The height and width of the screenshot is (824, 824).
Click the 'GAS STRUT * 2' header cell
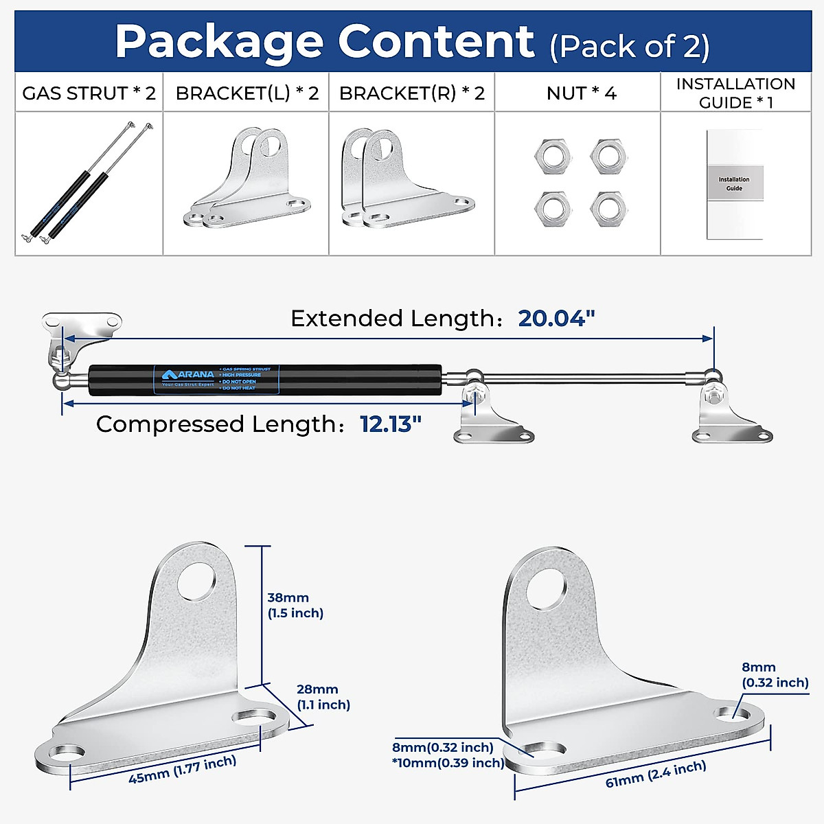tap(89, 93)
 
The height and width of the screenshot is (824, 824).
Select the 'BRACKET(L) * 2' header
tap(247, 93)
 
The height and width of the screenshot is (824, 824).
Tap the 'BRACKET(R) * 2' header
tap(412, 93)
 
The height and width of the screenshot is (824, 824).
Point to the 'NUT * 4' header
tap(581, 93)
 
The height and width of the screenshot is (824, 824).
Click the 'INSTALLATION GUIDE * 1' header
tap(735, 93)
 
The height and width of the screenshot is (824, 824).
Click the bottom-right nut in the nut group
tap(608, 207)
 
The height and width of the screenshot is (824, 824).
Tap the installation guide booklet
tap(735, 184)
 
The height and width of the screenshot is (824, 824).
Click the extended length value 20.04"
tap(556, 319)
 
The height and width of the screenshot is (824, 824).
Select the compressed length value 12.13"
tap(390, 424)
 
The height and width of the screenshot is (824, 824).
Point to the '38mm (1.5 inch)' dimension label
tap(295, 605)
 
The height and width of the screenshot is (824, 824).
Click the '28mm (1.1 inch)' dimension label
tap(323, 696)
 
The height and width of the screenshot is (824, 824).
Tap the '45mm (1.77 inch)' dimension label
tap(183, 769)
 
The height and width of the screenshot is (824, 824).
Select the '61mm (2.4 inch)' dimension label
tap(656, 773)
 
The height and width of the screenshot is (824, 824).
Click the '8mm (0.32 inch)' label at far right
tap(775, 674)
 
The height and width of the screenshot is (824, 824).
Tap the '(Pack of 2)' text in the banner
tap(629, 46)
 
